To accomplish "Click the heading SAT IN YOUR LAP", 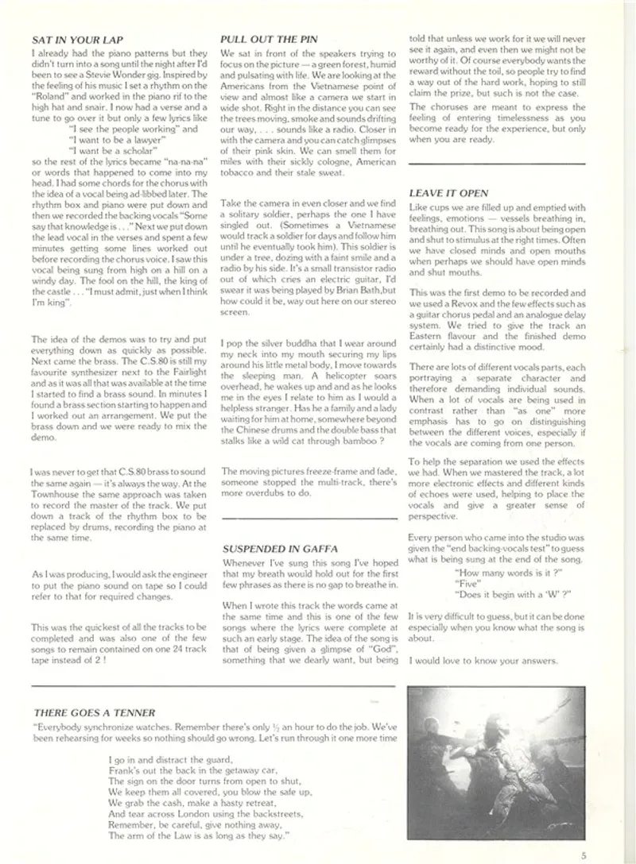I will coord(77,39).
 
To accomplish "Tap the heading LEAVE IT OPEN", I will coord(448,193).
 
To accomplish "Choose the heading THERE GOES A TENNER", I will coord(95,712).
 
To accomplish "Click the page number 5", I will coord(583,855).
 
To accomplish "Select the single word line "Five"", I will coord(466,582).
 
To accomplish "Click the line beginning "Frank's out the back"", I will coord(194,769).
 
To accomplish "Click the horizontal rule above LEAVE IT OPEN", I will coord(496,163).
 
